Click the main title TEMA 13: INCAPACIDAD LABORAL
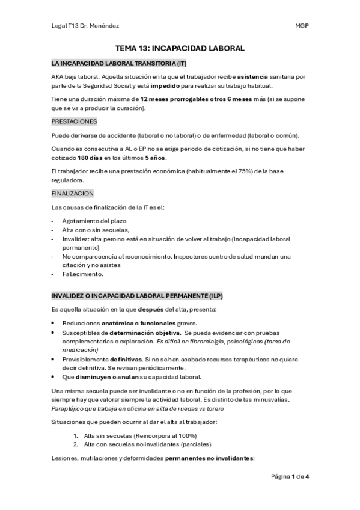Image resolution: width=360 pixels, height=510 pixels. pos(180,48)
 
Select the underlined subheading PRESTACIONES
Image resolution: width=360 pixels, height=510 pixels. pos(74,121)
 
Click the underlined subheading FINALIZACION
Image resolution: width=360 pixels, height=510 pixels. pos(72,195)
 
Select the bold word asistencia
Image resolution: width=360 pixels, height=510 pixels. pos(259,77)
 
